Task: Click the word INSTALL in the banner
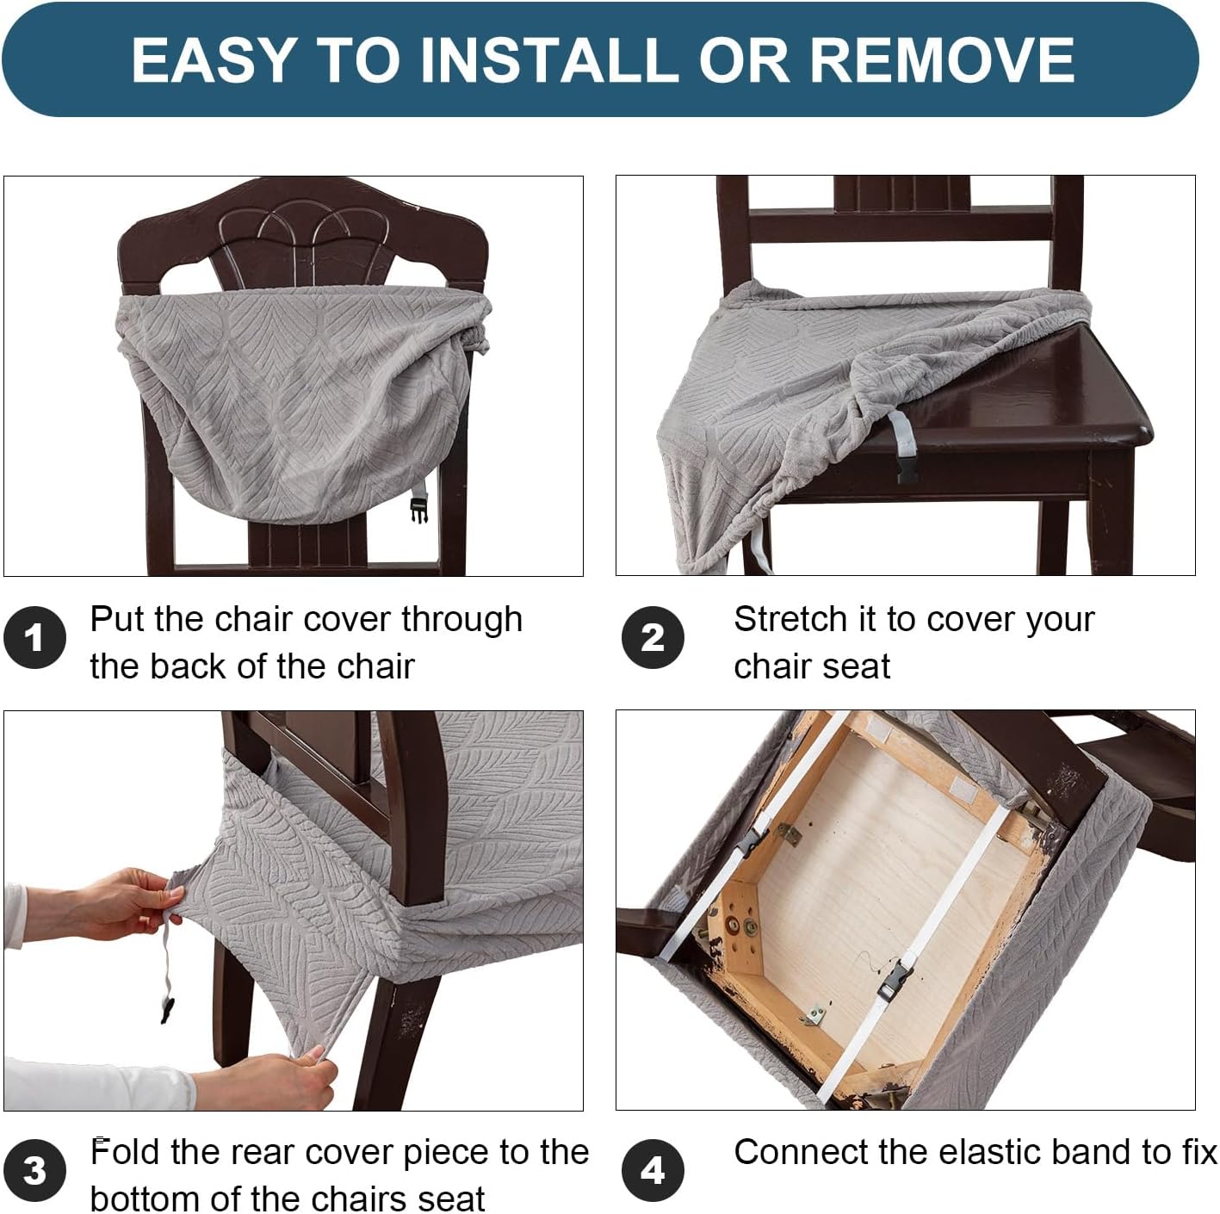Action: pos(549,59)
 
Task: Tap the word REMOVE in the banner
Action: pos(942,59)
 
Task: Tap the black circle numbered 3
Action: pos(34,1170)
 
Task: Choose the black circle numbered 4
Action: pos(653,1170)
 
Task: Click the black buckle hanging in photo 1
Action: pos(418,510)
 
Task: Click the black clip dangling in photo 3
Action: pos(167,1009)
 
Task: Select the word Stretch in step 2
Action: pos(790,619)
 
